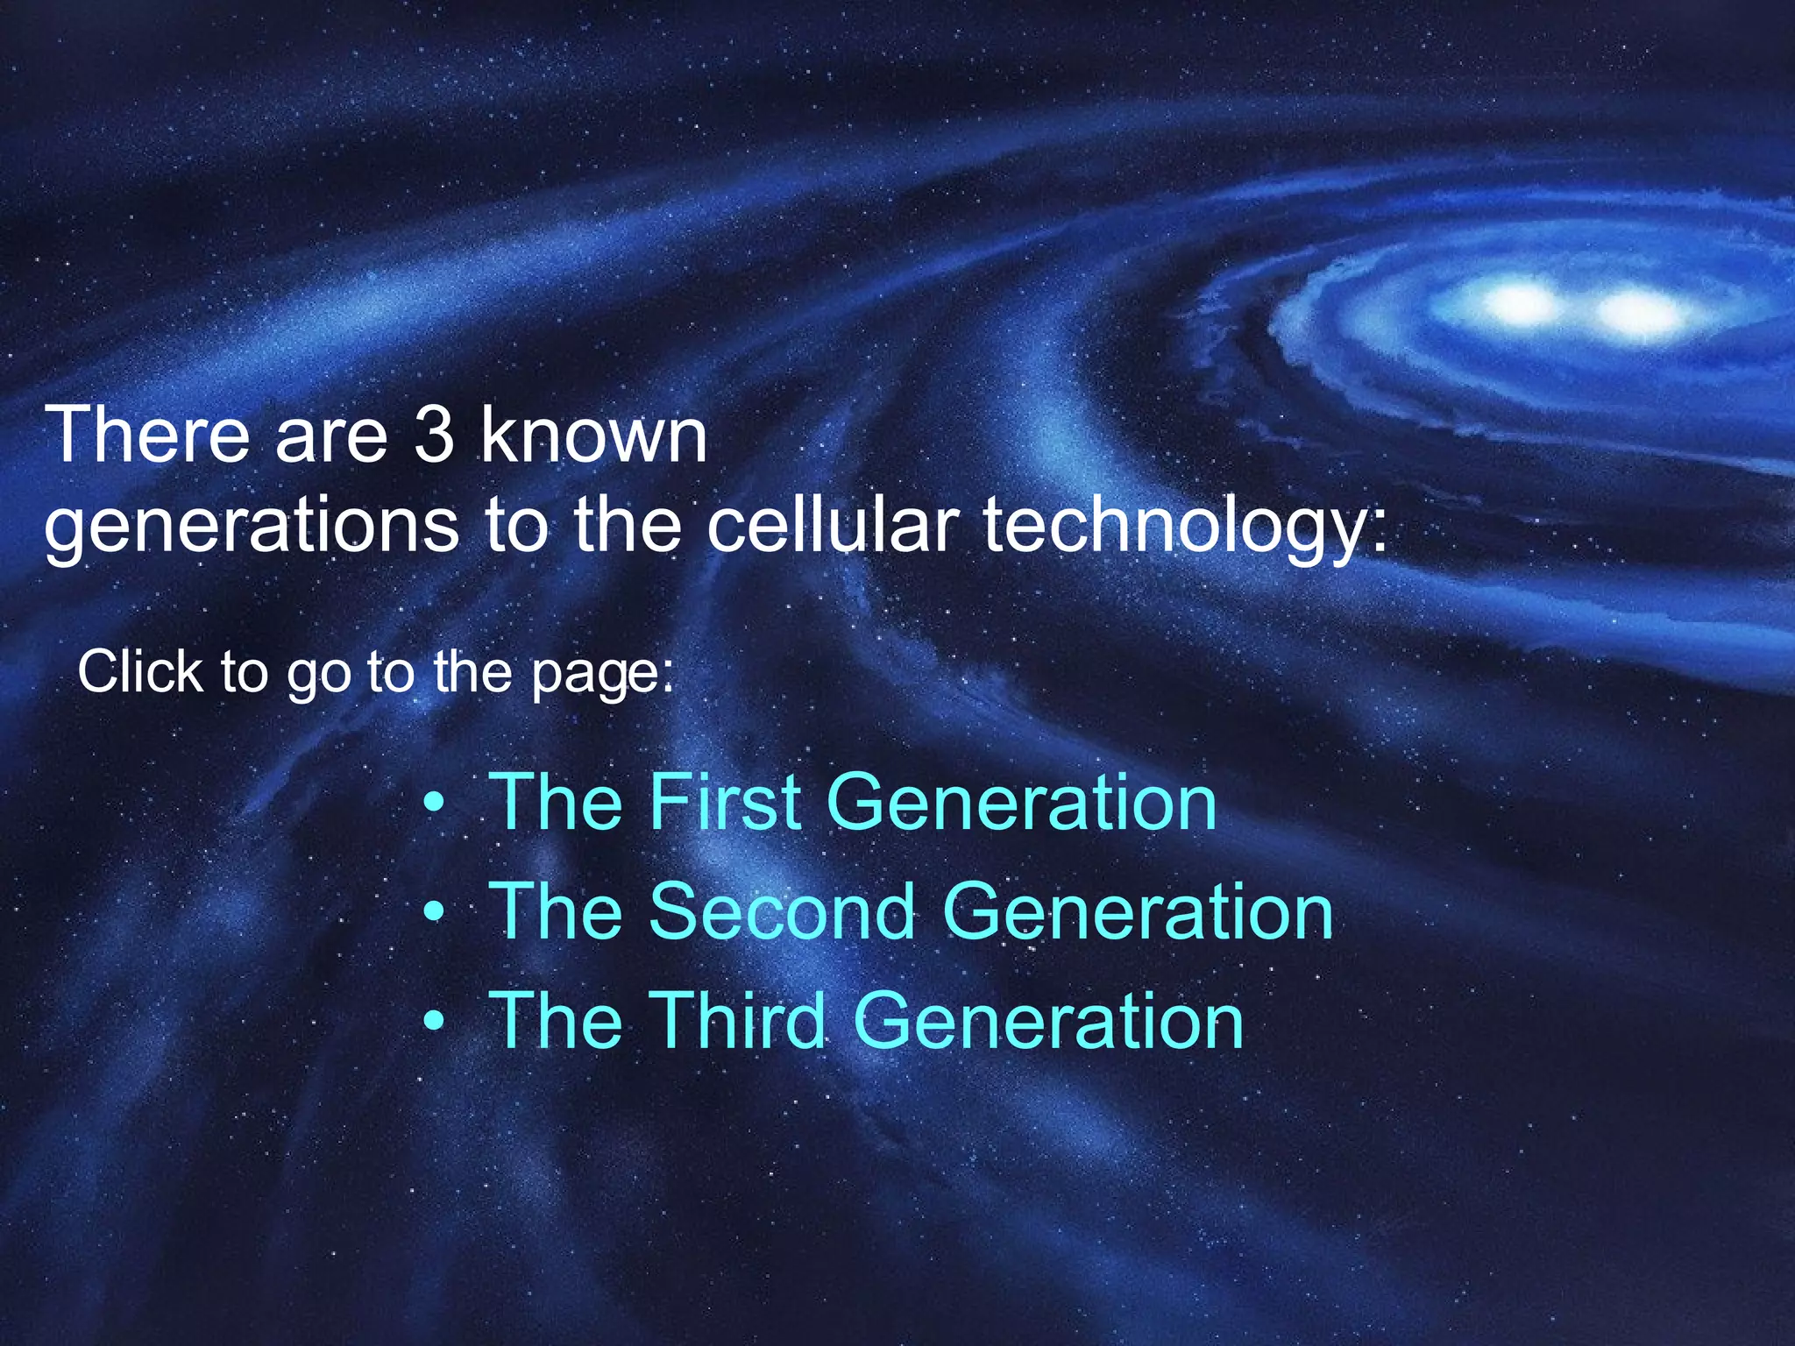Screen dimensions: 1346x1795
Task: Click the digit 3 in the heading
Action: coord(434,436)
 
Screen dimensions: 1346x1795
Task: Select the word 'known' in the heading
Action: coord(593,436)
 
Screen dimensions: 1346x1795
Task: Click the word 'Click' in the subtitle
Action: coord(140,672)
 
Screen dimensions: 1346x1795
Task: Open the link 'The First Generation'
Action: coord(852,802)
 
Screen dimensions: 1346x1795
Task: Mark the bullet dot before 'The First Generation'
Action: coord(433,804)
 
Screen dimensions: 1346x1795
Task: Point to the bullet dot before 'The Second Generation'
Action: coord(433,913)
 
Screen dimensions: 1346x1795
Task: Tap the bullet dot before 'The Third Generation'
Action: coord(433,1022)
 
